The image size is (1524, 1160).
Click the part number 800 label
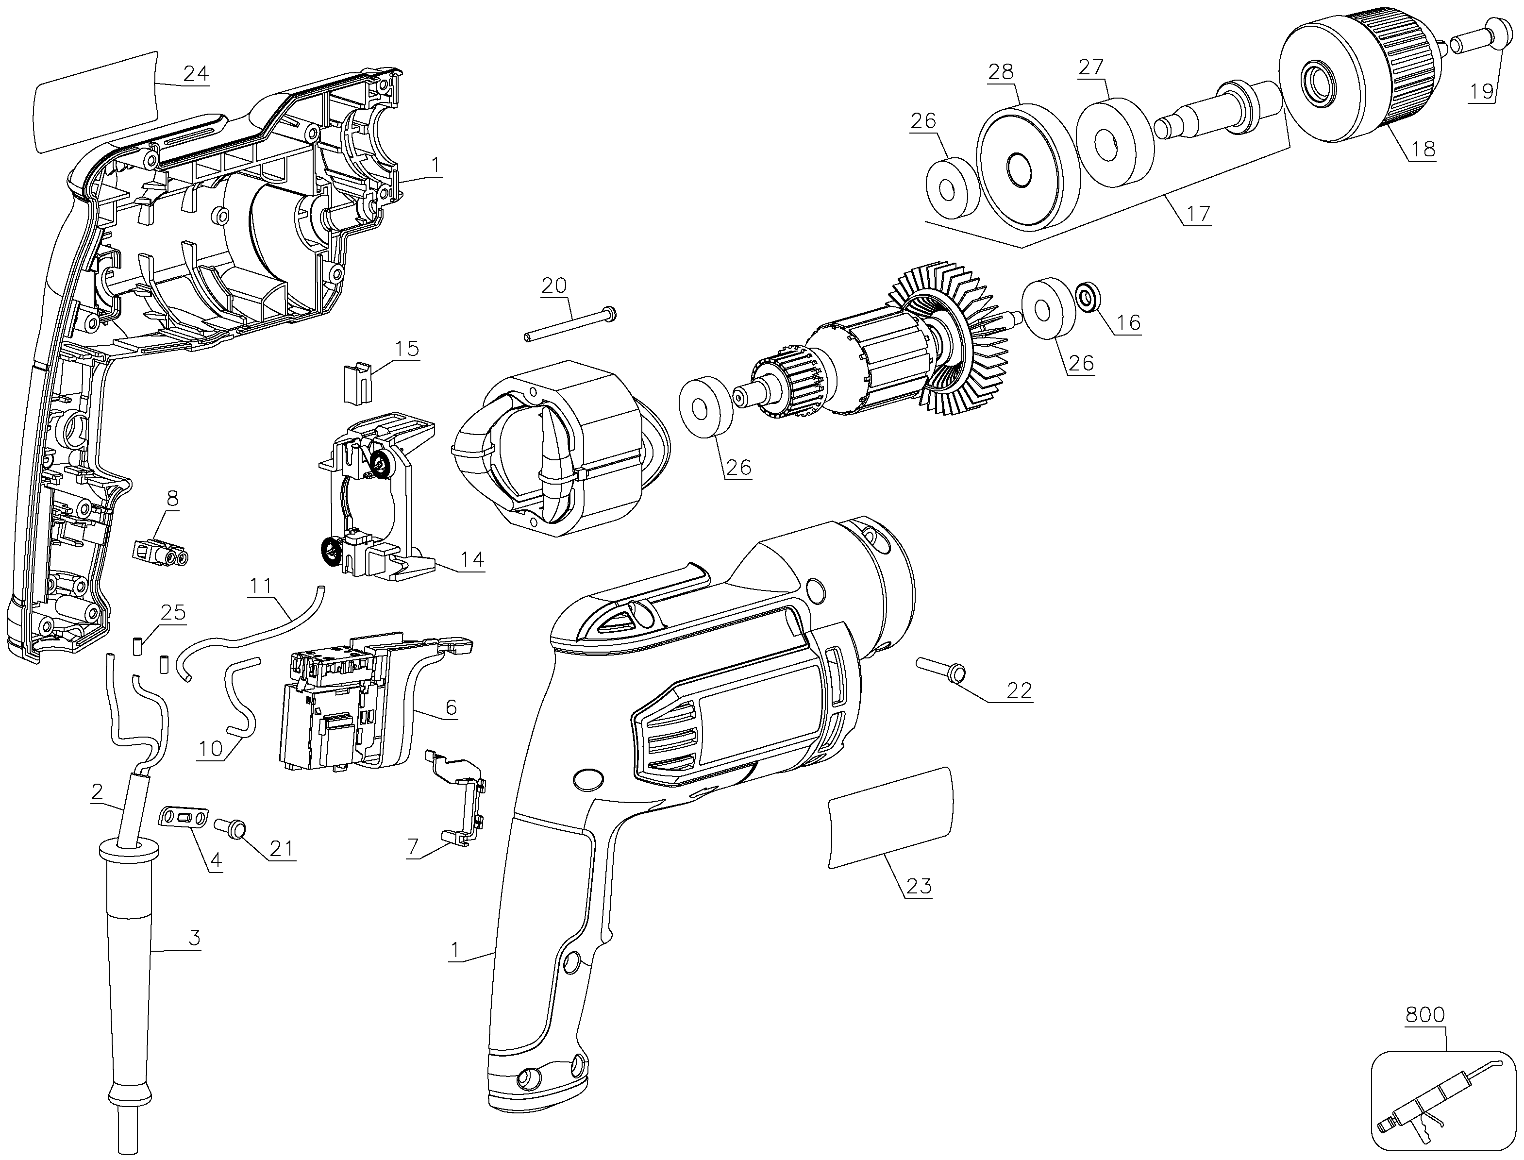(1425, 1015)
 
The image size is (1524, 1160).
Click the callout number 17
(1199, 214)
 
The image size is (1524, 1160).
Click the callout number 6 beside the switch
(451, 706)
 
